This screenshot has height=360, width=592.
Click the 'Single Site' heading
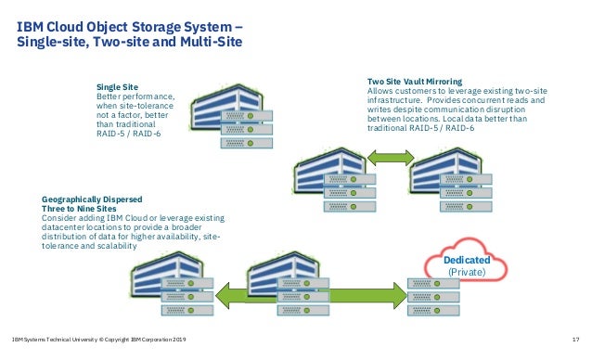(x=116, y=86)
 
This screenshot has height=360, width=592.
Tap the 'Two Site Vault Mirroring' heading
(x=415, y=82)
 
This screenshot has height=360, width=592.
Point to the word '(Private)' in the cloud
(x=467, y=274)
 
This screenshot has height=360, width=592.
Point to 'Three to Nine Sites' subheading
(x=80, y=209)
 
